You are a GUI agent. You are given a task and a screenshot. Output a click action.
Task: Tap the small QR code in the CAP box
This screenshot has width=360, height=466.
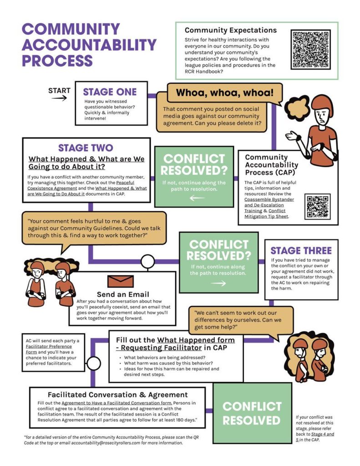318,206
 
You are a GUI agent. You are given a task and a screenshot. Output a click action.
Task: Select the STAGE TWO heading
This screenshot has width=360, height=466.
86,148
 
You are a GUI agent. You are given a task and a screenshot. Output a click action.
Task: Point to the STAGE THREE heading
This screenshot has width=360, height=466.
301,251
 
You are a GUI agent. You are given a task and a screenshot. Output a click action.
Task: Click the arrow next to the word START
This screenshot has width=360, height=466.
59,98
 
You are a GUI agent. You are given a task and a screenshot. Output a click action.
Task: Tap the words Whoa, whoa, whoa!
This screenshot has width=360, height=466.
225,93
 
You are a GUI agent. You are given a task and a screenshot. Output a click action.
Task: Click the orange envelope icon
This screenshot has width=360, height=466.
120,281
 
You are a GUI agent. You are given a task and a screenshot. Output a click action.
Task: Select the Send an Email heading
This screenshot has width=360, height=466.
122,294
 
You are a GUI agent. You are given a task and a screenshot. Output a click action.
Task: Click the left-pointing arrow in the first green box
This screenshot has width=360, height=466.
197,198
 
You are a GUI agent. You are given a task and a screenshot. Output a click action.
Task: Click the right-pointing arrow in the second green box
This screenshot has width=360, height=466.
218,283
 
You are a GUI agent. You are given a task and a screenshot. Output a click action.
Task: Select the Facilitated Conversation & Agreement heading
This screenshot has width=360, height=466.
117,395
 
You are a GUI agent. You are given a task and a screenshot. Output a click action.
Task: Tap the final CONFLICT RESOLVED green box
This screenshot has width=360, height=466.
252,413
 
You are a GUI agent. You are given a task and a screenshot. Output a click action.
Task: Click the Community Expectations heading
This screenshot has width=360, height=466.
230,30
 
